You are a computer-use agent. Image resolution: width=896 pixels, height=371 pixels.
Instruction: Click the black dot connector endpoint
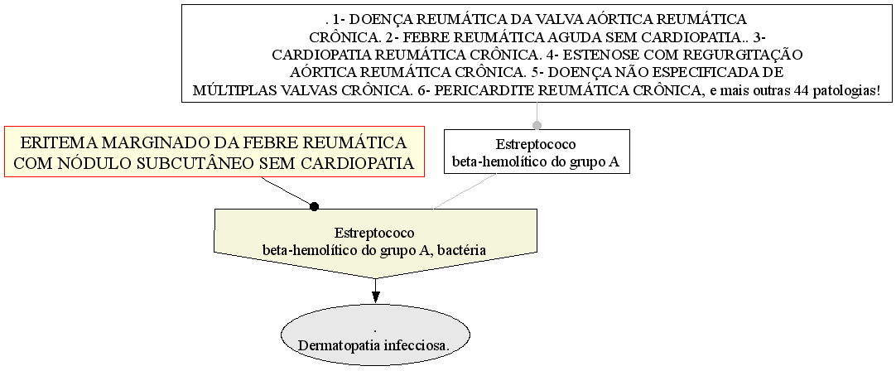[314, 206]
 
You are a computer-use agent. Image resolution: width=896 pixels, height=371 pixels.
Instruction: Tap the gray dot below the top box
[537, 125]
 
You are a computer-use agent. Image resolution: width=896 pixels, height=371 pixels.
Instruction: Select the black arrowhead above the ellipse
[375, 297]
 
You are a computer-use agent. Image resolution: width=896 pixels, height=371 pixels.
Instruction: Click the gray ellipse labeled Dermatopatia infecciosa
[375, 335]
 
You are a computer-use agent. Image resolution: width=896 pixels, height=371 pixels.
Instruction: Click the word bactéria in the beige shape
[464, 250]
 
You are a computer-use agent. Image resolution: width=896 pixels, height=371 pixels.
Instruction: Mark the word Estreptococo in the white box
[537, 144]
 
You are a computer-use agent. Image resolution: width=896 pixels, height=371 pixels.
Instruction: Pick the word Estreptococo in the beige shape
[375, 234]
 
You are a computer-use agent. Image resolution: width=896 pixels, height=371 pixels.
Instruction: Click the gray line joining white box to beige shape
[465, 191]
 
